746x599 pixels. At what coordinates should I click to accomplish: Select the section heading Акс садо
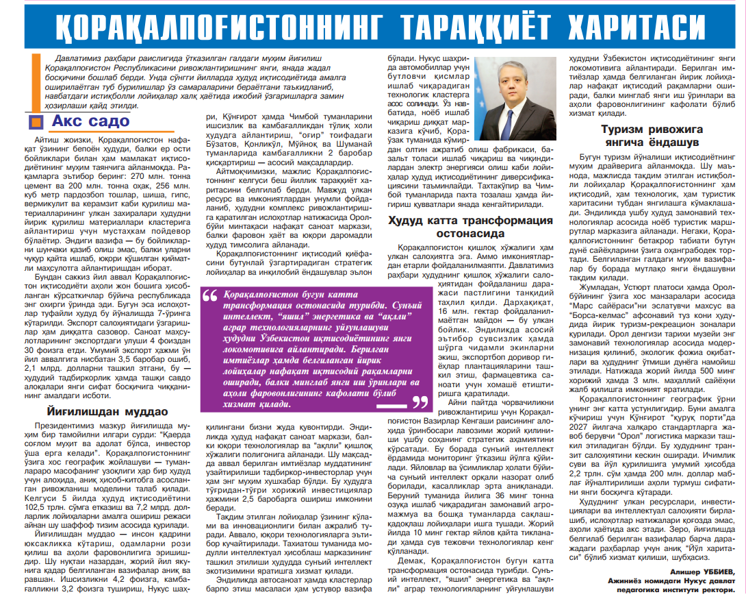pyautogui.click(x=90, y=121)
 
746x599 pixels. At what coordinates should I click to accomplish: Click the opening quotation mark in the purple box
pyautogui.click(x=209, y=296)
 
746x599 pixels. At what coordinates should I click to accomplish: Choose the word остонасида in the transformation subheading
pyautogui.click(x=470, y=234)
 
